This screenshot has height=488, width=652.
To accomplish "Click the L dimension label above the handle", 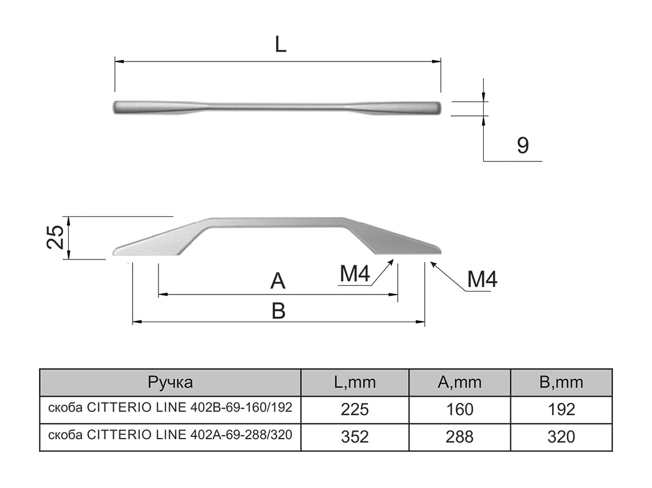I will tap(280, 44).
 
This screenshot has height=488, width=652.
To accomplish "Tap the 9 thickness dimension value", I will tap(522, 146).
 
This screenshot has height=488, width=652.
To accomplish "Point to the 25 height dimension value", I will tap(56, 237).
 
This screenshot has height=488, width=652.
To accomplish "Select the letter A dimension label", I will tap(278, 281).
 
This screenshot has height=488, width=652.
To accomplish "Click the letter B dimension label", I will tap(278, 311).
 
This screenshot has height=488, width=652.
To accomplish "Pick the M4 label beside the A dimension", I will tap(354, 275).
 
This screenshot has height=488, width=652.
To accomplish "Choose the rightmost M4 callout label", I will tap(482, 280).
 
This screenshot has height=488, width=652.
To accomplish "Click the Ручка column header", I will tap(170, 382).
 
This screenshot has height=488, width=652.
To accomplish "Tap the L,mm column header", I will tap(355, 382).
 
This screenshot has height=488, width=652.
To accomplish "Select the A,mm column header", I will tap(459, 382).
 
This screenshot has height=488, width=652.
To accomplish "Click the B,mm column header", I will tap(561, 382).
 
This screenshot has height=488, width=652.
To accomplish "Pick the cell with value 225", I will tap(355, 409).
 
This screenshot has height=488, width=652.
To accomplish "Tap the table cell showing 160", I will tap(459, 409).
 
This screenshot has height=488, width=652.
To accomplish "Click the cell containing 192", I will tap(561, 409).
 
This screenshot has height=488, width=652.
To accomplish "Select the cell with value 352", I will tap(355, 437).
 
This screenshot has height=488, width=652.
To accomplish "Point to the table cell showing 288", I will tap(459, 437).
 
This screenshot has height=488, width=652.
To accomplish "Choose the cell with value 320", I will tap(561, 437).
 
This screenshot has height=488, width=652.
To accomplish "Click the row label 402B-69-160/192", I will tap(170, 408).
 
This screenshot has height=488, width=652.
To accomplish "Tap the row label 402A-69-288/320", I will tap(170, 436).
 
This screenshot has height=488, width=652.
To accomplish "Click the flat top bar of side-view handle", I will tap(275, 222).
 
